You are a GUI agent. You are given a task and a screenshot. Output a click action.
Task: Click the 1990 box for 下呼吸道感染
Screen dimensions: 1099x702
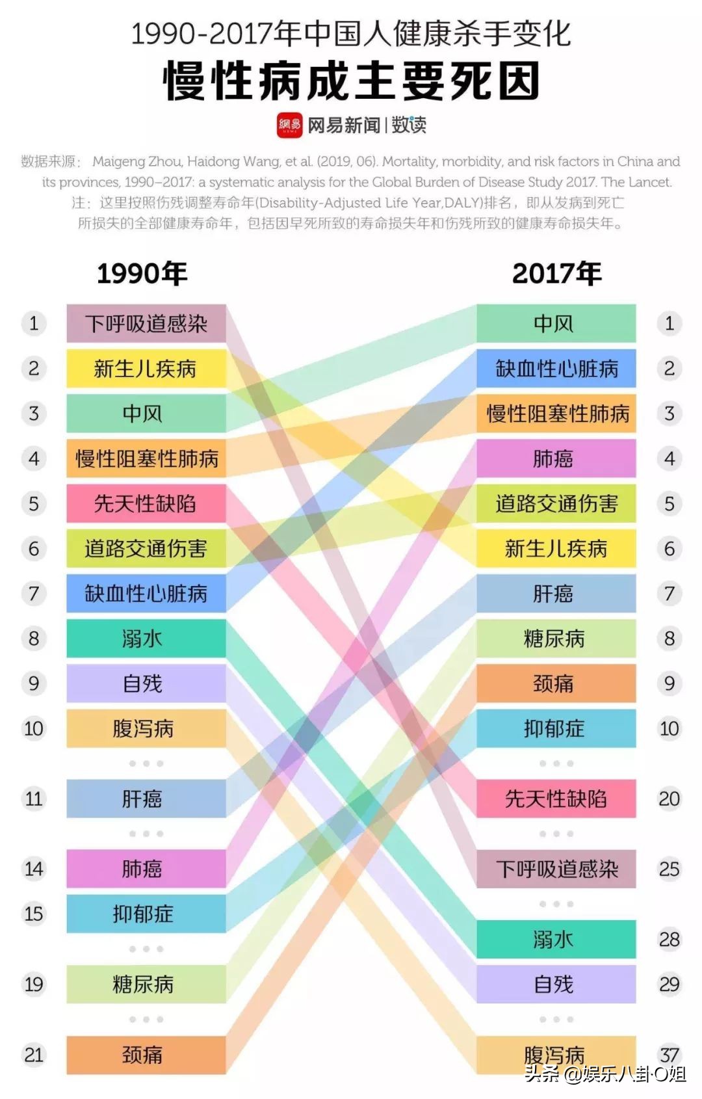coord(146,323)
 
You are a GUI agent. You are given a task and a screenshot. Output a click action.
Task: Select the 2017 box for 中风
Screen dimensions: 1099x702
coord(556,323)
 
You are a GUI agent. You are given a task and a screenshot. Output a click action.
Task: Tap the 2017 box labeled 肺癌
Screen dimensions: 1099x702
coord(556,458)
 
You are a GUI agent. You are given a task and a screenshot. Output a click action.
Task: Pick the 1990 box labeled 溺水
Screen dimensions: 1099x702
coord(146,639)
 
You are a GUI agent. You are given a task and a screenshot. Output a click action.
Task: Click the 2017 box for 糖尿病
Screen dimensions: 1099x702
coord(556,639)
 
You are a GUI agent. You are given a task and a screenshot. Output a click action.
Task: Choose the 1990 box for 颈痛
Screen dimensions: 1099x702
coord(146,1054)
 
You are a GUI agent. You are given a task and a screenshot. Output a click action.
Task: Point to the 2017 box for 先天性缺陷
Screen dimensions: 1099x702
coord(556,799)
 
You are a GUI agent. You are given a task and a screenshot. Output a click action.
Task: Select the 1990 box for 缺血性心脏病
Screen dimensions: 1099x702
coord(146,593)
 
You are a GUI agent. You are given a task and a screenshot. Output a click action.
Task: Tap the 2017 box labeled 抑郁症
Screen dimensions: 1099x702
coord(556,728)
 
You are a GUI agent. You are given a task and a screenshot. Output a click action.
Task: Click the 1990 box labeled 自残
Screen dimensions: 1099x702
coord(146,683)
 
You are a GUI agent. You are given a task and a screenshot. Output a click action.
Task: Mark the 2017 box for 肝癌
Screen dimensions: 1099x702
coord(556,593)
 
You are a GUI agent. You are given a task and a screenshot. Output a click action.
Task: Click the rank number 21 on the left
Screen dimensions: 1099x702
coord(34,1054)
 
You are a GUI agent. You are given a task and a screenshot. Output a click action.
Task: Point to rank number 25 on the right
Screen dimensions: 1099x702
coord(669,869)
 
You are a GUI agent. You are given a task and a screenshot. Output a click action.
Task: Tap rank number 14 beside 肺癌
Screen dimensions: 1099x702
coord(34,869)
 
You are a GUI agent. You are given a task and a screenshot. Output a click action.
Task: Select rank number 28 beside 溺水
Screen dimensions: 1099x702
coord(669,939)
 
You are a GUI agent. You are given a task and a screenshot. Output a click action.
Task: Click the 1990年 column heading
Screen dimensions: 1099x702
coord(142,274)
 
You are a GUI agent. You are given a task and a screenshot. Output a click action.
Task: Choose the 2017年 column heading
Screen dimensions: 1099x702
coord(557,274)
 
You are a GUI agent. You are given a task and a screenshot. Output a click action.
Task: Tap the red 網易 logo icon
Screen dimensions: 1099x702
coord(290,125)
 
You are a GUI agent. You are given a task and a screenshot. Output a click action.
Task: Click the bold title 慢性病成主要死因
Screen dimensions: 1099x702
coord(351,81)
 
